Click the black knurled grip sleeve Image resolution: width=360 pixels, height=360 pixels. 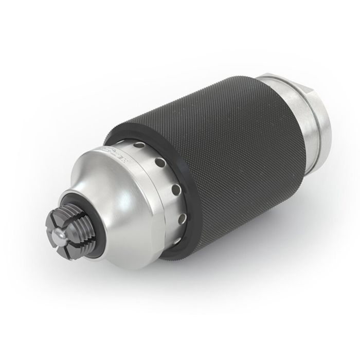tap(231, 149)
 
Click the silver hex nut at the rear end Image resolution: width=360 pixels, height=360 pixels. tap(319, 118)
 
